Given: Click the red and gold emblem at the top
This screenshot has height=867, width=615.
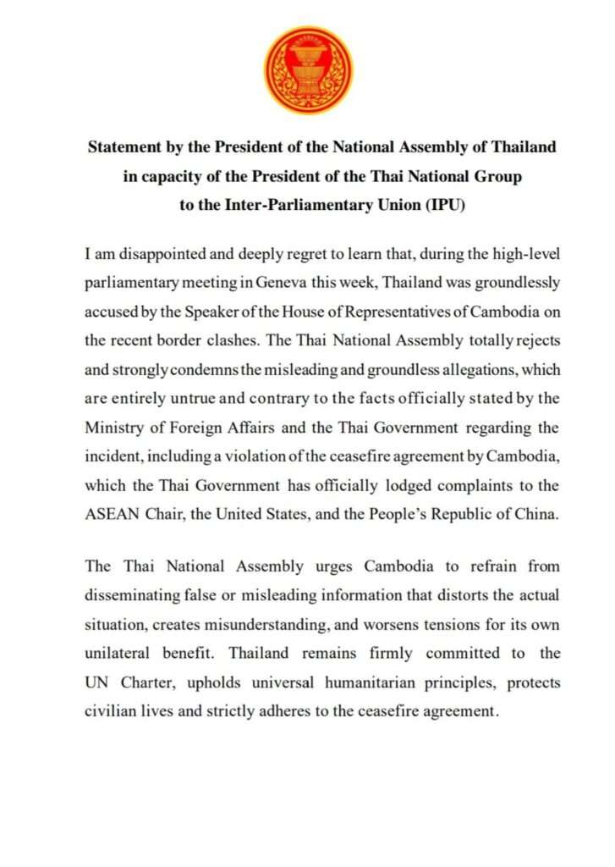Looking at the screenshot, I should (x=308, y=69).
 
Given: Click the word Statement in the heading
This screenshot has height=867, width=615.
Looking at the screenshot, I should (x=124, y=146).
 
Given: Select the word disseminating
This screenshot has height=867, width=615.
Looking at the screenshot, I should (x=131, y=594).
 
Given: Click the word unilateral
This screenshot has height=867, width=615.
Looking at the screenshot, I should (x=118, y=654).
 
